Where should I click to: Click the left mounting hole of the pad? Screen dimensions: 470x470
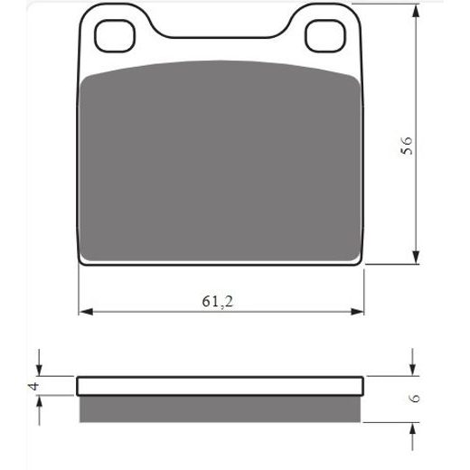[115, 36]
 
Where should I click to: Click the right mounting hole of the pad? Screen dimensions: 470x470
[325, 36]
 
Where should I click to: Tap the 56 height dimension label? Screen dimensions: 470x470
[407, 146]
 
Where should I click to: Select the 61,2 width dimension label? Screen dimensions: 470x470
[217, 301]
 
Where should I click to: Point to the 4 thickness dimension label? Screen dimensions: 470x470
[33, 386]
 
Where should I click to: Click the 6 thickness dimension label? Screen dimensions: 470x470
[415, 398]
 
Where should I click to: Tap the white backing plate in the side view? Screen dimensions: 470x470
[220, 386]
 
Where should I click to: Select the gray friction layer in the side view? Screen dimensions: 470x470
[220, 409]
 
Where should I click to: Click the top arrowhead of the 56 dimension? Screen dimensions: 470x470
[416, 12]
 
